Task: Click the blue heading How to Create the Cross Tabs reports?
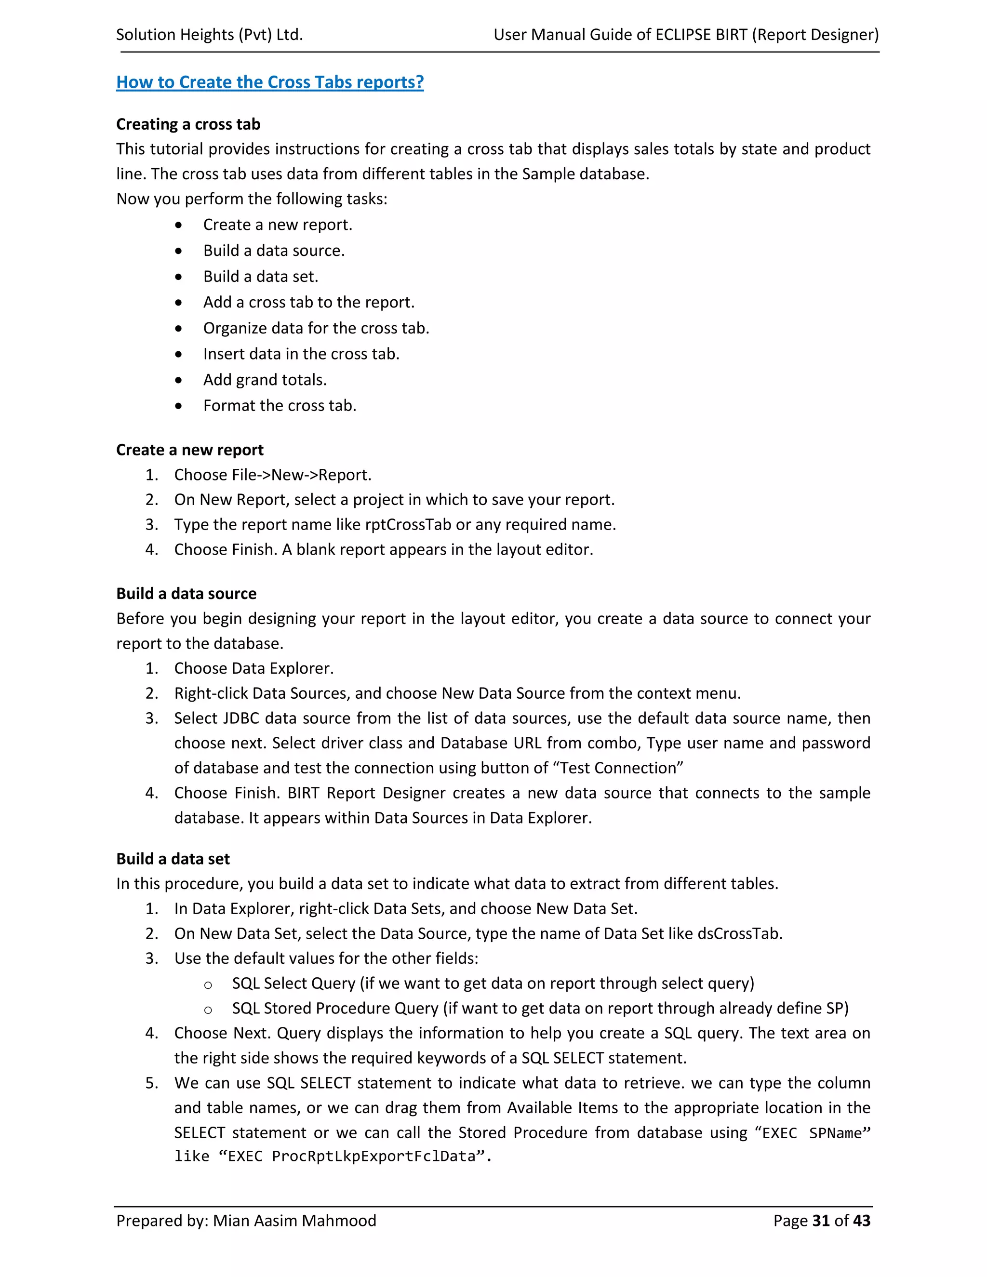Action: [x=269, y=82]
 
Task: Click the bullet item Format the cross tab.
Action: [x=280, y=405]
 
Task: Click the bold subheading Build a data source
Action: [x=186, y=594]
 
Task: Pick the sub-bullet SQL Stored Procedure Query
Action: [x=335, y=1008]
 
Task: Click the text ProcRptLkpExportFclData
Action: [x=373, y=1157]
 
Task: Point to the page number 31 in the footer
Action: [x=821, y=1221]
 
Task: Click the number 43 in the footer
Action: [x=861, y=1221]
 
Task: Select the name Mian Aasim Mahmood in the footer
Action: [x=294, y=1221]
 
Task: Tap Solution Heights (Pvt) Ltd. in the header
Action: [x=209, y=35]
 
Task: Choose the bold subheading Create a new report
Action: [x=189, y=450]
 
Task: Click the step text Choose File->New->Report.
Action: [x=272, y=475]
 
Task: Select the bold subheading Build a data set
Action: [x=173, y=858]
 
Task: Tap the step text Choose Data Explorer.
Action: [x=254, y=668]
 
